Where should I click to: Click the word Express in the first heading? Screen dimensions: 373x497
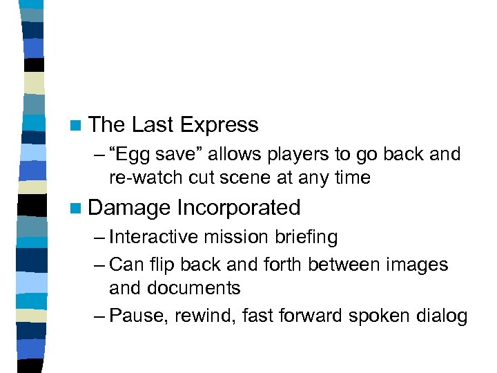click(219, 125)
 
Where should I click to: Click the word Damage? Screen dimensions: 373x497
click(130, 207)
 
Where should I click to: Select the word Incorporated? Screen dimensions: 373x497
click(239, 207)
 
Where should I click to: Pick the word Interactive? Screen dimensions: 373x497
click(153, 237)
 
